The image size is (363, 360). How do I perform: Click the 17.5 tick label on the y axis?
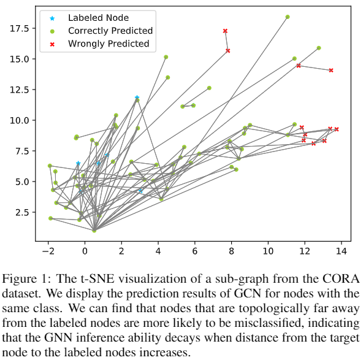[x=19, y=28]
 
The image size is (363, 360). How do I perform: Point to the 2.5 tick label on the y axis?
[x=22, y=212]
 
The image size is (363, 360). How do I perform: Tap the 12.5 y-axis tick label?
[x=19, y=90]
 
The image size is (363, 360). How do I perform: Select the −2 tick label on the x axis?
[x=48, y=251]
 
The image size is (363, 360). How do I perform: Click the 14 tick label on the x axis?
[x=342, y=251]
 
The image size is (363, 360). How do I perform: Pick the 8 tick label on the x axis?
[x=231, y=251]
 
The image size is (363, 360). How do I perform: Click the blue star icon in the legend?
[x=52, y=18]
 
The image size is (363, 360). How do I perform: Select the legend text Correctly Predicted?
[x=110, y=31]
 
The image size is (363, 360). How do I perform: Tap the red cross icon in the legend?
[x=52, y=44]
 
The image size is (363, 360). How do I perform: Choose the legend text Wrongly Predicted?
[x=109, y=44]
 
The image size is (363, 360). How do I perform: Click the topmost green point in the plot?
[x=288, y=17]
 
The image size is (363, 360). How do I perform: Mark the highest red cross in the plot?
[x=225, y=31]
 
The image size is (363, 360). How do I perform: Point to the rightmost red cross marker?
[x=337, y=129]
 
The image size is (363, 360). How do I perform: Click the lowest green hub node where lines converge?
[x=94, y=231]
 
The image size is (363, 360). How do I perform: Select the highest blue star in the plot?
[x=137, y=98]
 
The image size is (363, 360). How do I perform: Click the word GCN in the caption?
[x=248, y=293]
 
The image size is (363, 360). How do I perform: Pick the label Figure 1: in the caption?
[x=26, y=278]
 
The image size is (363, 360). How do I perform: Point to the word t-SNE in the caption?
[x=97, y=278]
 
